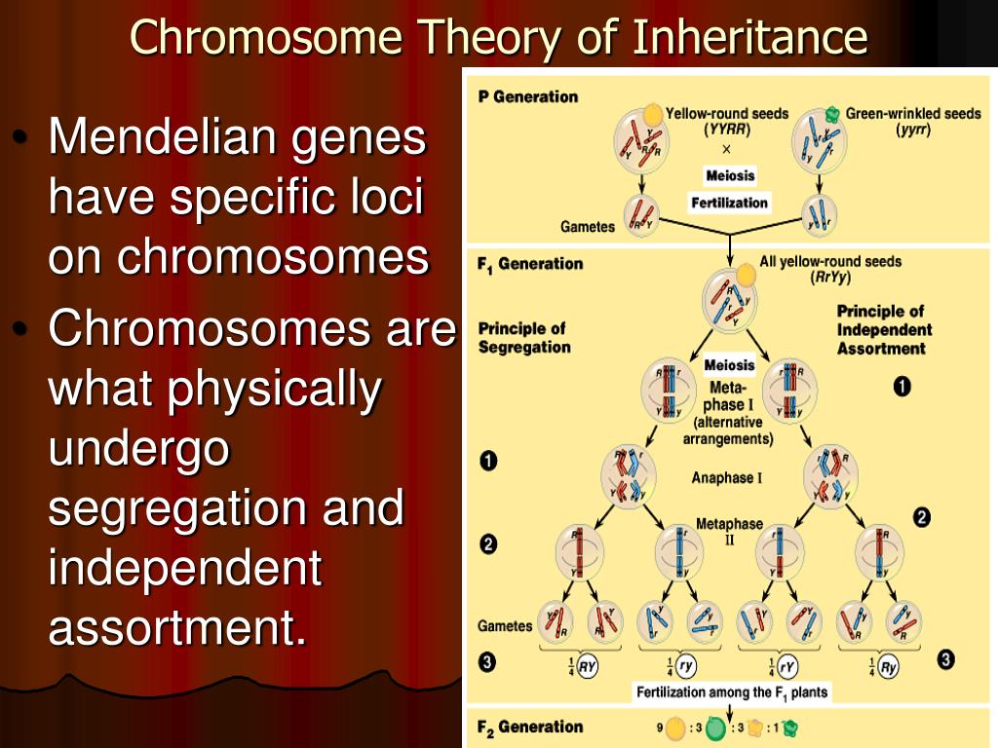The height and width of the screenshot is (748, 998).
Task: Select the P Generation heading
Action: (528, 97)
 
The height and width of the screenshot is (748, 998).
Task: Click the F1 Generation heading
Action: (530, 264)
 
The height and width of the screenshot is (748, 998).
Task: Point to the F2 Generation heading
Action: (530, 727)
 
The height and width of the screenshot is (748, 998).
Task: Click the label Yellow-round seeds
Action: (727, 114)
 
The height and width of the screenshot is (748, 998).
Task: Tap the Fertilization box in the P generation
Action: (730, 203)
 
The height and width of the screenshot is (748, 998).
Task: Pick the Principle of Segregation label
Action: (523, 338)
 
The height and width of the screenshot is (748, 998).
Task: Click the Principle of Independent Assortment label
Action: (883, 329)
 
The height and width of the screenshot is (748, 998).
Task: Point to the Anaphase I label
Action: (727, 477)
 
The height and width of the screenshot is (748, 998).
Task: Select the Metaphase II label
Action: (729, 532)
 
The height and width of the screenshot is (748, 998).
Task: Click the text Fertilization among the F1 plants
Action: (732, 692)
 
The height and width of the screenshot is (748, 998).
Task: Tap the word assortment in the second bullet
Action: (172, 628)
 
